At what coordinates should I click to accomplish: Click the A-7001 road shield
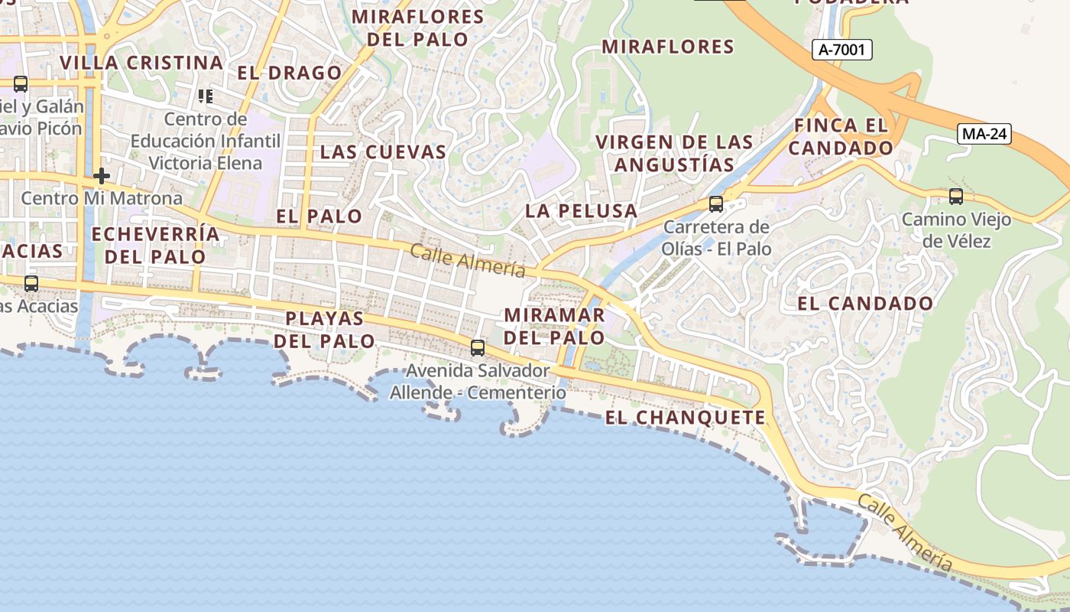coord(841,50)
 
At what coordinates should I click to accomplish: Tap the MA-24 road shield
coord(985,134)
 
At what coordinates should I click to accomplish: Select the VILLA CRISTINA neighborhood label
coord(141,63)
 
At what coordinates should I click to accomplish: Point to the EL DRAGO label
coord(290,73)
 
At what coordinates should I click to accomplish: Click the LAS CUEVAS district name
coord(383,151)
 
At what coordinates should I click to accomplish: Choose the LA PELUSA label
coord(581,210)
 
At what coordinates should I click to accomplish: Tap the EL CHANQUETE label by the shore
coord(685,418)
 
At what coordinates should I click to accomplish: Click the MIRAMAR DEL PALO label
coord(555,326)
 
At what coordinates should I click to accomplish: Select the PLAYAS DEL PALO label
coord(324,330)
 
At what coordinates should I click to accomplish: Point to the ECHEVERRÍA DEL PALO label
coord(155,245)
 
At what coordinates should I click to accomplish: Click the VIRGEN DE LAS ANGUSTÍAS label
coord(674,153)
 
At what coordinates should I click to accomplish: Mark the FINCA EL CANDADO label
coord(841,136)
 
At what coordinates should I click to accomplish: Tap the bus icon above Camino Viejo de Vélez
coord(955,196)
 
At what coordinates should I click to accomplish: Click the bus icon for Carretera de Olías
coord(715,203)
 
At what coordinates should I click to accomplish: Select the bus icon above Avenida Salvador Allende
coord(478,348)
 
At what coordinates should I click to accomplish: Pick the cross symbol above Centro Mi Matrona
coord(101,176)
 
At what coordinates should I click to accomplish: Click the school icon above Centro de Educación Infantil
coord(205,96)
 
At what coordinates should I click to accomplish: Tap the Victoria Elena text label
coord(205,163)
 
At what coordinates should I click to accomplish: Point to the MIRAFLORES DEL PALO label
coord(417,28)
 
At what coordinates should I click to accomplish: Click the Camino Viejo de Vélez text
coord(956,230)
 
